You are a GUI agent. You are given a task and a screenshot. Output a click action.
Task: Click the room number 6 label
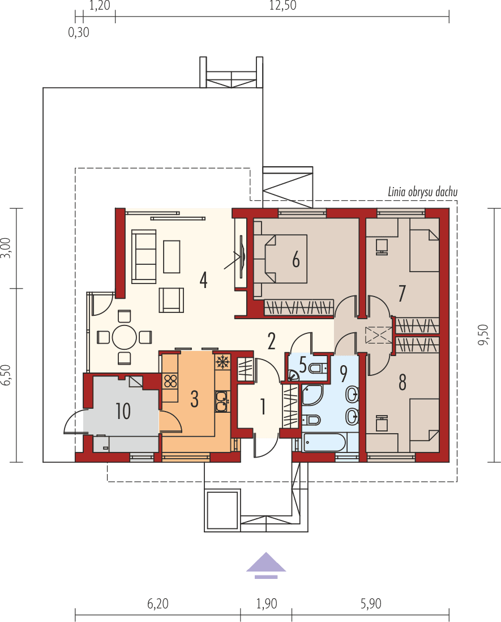point(296,260)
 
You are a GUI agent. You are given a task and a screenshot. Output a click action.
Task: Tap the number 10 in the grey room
point(123,411)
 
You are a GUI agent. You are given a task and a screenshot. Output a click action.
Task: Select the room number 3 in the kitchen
point(194,399)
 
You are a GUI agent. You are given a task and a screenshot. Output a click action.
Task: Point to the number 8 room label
point(402,383)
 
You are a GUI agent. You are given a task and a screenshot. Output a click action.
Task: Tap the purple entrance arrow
point(266,564)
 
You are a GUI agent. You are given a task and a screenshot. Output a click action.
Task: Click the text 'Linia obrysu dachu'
point(423,192)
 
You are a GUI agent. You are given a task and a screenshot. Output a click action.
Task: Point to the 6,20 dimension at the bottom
point(158,604)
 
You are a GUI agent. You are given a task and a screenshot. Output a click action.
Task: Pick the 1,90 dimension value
point(266,604)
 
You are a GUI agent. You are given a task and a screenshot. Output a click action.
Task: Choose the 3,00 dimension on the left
point(5,248)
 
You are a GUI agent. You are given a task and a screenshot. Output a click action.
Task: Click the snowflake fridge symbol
point(222,361)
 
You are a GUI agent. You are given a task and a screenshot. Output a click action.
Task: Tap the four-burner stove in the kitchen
point(170,380)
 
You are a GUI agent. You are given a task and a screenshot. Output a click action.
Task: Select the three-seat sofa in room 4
point(144,256)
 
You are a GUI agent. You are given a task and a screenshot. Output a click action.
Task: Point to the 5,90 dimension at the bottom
point(371,604)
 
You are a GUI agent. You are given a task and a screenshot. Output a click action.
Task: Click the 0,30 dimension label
point(79,32)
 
